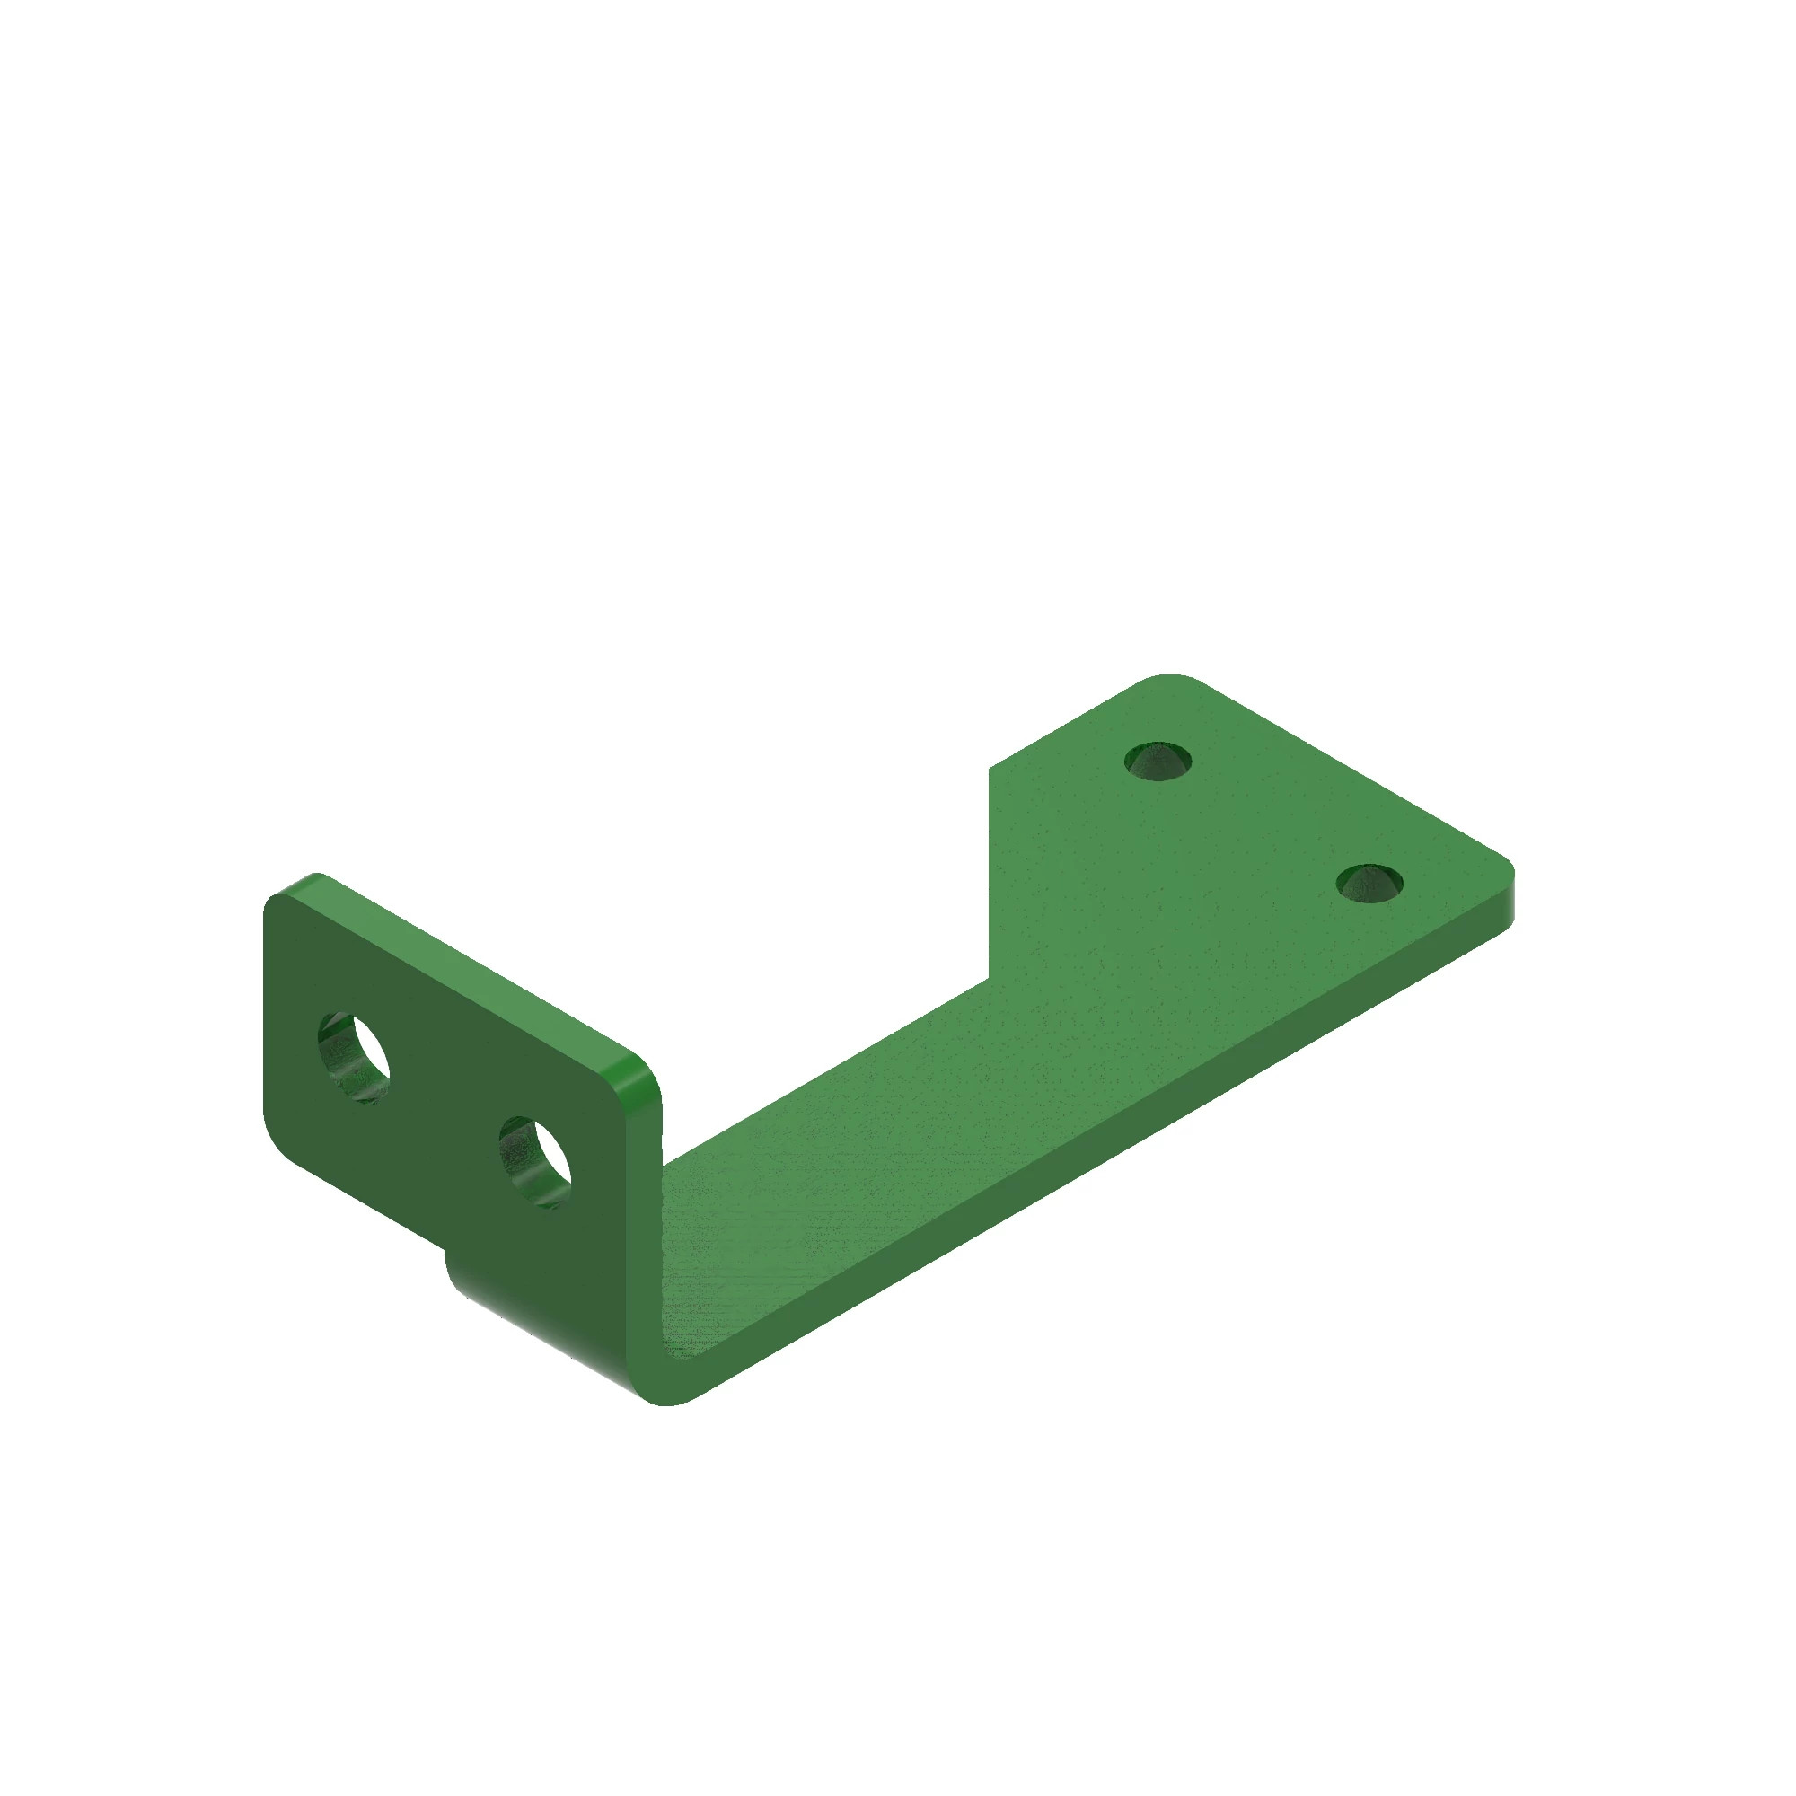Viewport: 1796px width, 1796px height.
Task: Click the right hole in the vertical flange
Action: [x=535, y=1162]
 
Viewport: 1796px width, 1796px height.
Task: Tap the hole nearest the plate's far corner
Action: [x=1158, y=762]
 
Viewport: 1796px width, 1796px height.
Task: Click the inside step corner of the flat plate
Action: [x=989, y=978]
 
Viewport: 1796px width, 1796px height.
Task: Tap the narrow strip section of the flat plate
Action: [x=837, y=1162]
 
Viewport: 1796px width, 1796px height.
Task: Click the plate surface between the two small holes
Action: [x=1264, y=823]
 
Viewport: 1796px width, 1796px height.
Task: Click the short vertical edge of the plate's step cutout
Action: [x=989, y=874]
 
